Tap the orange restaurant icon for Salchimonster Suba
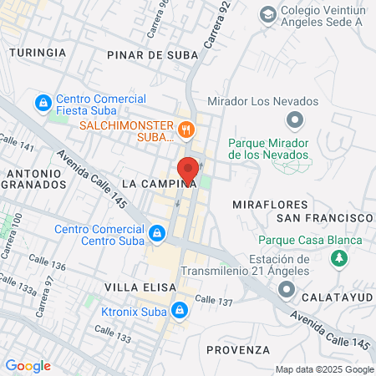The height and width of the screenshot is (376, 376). (x=186, y=129)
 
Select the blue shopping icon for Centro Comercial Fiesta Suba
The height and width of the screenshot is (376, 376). (x=41, y=103)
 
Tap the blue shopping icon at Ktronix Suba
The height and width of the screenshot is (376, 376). (x=178, y=310)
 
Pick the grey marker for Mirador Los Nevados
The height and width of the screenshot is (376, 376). (x=293, y=121)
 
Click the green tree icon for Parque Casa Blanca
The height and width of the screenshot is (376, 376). (x=340, y=259)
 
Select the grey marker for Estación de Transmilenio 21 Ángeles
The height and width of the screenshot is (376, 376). (x=287, y=289)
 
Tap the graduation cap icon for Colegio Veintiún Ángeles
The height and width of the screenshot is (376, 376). (x=267, y=14)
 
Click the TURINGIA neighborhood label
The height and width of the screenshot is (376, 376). (x=37, y=52)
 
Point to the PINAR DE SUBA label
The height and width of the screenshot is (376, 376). (x=153, y=55)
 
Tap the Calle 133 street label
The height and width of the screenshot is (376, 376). (x=113, y=338)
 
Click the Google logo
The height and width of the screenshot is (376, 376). (x=28, y=366)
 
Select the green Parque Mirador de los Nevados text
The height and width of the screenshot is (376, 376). (x=269, y=148)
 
